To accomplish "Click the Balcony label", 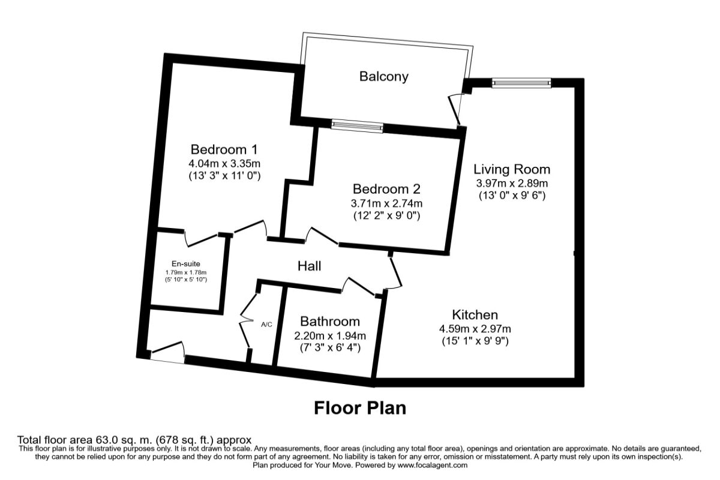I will [x=384, y=76].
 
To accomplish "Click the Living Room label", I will [x=512, y=169].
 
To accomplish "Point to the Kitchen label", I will [x=475, y=314].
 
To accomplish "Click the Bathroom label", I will [x=330, y=321].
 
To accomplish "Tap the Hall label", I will [x=309, y=266].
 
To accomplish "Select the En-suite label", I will [x=186, y=263].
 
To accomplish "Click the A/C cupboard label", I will [x=266, y=325].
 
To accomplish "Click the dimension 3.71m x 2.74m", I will [x=388, y=202].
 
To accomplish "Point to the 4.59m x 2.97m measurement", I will [x=475, y=329].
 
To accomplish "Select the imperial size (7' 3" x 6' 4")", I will [x=330, y=348].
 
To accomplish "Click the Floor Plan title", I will [x=360, y=408].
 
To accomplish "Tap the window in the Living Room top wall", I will [x=521, y=83].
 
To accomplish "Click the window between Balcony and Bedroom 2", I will [x=358, y=126].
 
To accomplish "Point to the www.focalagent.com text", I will [x=431, y=465].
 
